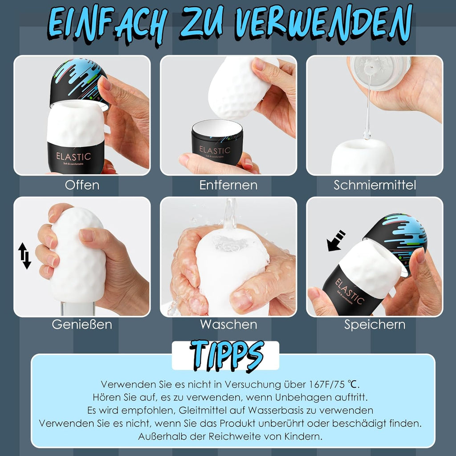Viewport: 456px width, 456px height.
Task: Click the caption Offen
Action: click(82, 185)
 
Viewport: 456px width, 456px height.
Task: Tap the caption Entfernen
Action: click(228, 185)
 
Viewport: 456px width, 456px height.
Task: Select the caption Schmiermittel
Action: click(375, 185)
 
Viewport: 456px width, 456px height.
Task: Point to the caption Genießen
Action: click(82, 324)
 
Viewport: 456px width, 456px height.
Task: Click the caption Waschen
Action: click(228, 324)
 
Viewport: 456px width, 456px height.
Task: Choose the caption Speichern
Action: click(375, 324)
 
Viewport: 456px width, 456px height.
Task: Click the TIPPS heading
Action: click(226, 355)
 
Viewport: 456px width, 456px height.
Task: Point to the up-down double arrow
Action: click(25, 256)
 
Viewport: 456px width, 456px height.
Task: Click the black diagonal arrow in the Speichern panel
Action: click(336, 240)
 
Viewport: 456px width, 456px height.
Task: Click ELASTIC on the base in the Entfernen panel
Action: click(215, 150)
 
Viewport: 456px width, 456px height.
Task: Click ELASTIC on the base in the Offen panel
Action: click(73, 156)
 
